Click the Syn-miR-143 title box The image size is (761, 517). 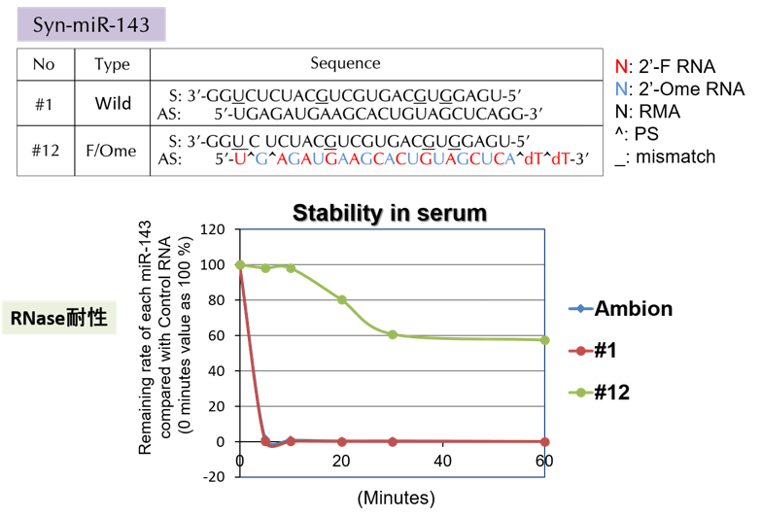[91, 24]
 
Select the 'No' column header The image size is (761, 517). [44, 64]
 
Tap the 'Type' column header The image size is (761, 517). [112, 64]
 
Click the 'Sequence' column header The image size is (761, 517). [345, 63]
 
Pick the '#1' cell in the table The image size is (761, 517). [44, 104]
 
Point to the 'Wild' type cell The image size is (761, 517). [113, 103]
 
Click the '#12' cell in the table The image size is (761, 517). [45, 151]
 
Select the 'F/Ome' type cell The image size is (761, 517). [111, 151]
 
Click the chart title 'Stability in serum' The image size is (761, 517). [390, 213]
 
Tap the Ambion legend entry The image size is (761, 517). [621, 309]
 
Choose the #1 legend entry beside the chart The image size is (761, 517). [593, 350]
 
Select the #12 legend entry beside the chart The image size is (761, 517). [600, 392]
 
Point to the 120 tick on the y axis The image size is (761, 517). [213, 229]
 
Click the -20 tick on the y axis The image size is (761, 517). [214, 477]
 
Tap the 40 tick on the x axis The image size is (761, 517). [442, 461]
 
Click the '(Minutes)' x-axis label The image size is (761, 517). [396, 499]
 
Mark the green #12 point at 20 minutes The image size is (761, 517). [342, 299]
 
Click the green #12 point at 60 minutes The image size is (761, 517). [544, 340]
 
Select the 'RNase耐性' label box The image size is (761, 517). [59, 318]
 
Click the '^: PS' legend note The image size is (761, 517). [637, 134]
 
